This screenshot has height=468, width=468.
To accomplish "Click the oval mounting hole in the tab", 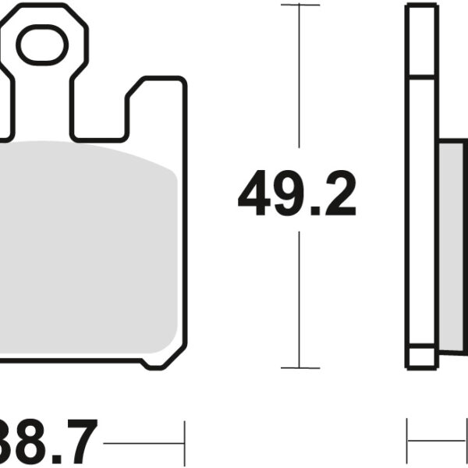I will pyautogui.click(x=43, y=46).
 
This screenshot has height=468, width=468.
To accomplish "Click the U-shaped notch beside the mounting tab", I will pyautogui.click(x=98, y=109).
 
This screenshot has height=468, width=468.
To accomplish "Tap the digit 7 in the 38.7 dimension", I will pyautogui.click(x=80, y=442).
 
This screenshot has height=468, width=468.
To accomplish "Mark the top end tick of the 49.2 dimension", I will pyautogui.click(x=300, y=5).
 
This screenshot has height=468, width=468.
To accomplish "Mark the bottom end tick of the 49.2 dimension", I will pyautogui.click(x=300, y=367).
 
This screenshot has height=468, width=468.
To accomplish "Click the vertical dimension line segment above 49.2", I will pyautogui.click(x=300, y=86).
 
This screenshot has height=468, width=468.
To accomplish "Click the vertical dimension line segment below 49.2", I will pyautogui.click(x=300, y=304).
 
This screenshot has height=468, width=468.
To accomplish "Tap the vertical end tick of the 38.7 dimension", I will pyautogui.click(x=183, y=445).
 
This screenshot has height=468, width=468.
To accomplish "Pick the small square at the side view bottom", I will pyautogui.click(x=421, y=356).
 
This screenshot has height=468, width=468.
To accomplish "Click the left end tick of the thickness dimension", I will pyautogui.click(x=407, y=444).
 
